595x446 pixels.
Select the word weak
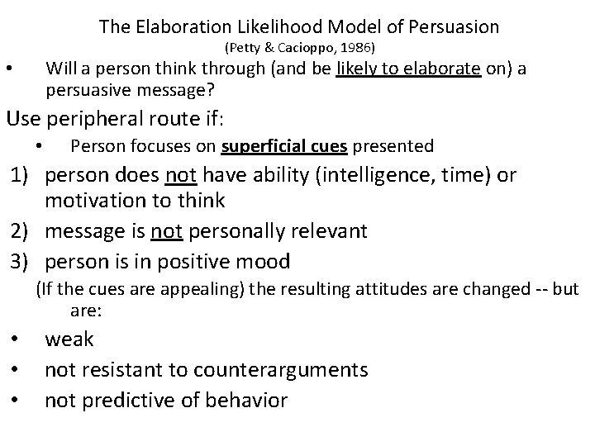click(x=69, y=339)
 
